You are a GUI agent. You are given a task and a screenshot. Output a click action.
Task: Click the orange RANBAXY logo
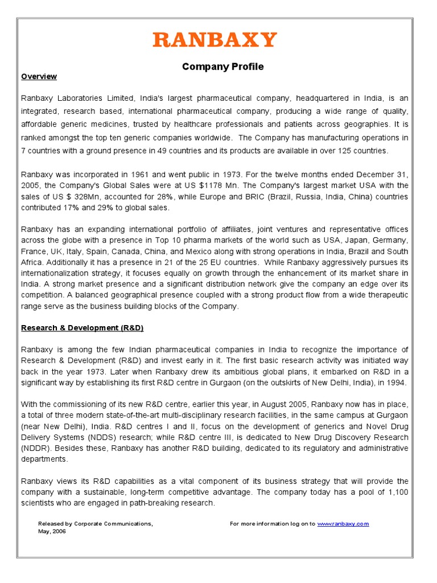pos(215,40)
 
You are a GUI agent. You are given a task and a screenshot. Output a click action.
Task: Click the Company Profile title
pos(222,67)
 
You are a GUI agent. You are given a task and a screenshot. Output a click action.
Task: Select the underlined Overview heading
pos(39,76)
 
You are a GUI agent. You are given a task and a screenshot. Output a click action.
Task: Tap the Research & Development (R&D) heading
pos(82,328)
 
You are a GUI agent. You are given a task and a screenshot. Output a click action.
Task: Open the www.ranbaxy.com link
pos(343,523)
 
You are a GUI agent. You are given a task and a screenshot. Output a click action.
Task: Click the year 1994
pos(395,383)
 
